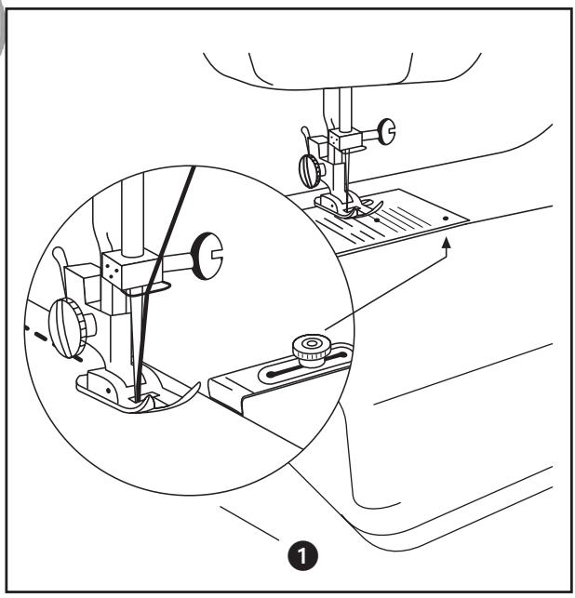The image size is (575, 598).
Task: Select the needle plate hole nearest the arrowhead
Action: (x=447, y=215)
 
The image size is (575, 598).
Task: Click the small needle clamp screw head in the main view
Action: (x=383, y=133)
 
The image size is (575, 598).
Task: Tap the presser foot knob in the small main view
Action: (x=310, y=170)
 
